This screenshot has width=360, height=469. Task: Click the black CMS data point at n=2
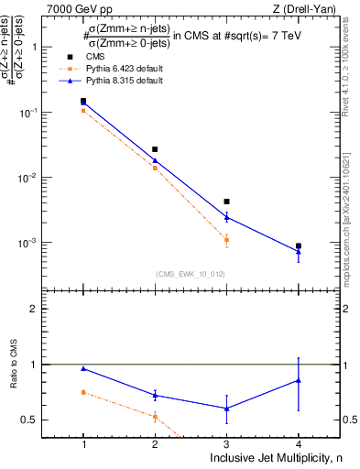click(155, 149)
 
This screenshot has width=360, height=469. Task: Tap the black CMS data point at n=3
click(226, 202)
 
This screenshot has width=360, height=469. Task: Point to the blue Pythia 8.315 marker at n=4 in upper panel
click(298, 251)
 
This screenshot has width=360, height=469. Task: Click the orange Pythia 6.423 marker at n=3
click(226, 240)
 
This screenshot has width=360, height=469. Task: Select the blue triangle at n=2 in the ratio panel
click(155, 395)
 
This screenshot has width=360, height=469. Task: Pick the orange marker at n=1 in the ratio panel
click(83, 392)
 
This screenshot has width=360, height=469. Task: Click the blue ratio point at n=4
click(298, 380)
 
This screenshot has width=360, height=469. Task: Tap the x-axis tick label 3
click(226, 444)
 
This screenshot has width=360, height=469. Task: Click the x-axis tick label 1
click(83, 444)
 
